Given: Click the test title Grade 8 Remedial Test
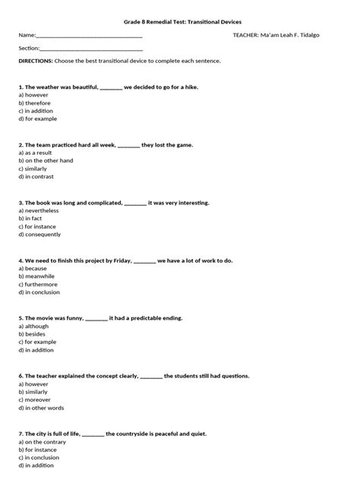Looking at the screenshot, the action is tap(179, 23).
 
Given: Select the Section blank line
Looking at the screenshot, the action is tap(91, 48).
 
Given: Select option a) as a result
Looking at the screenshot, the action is tap(38, 153).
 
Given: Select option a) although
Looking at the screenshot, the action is tap(34, 326).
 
